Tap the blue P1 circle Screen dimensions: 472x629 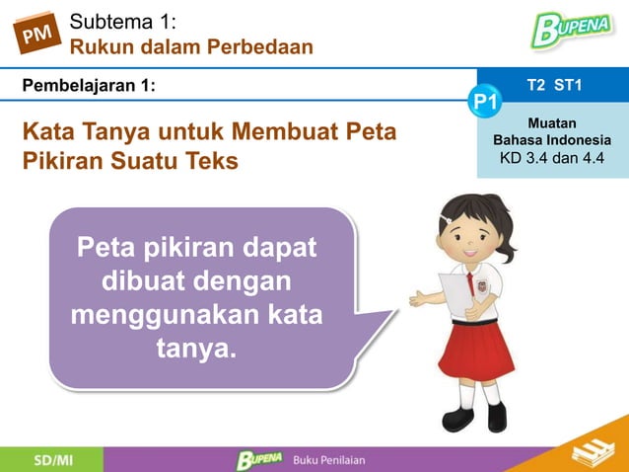click(x=485, y=101)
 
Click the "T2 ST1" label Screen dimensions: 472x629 click(x=554, y=86)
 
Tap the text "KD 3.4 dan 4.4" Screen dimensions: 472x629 click(x=553, y=158)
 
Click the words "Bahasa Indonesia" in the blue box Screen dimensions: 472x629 click(x=552, y=140)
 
